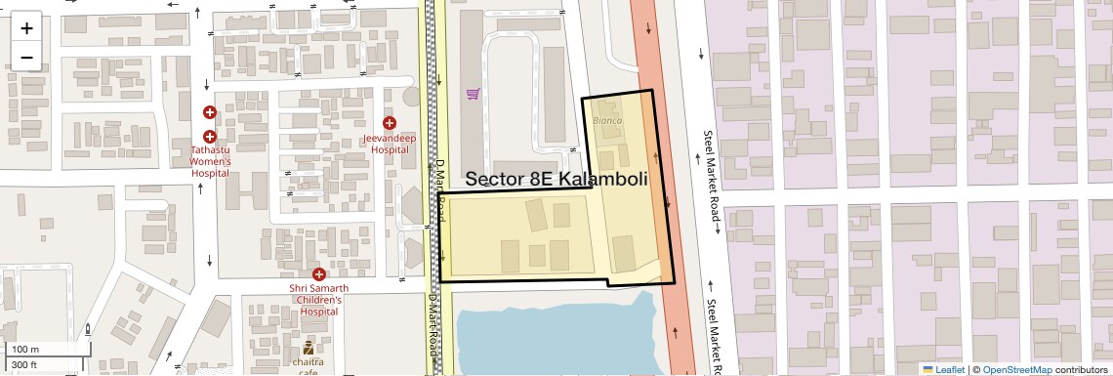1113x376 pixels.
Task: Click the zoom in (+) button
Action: click(x=26, y=27)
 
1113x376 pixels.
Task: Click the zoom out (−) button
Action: click(x=26, y=58)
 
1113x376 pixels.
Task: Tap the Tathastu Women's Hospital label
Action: click(x=210, y=161)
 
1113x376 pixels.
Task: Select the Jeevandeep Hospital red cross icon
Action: click(x=390, y=123)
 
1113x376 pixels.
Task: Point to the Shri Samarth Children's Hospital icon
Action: click(x=318, y=274)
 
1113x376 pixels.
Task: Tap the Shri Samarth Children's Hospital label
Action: click(x=318, y=300)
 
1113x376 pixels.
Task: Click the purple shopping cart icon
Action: click(x=473, y=94)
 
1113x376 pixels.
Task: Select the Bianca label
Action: click(x=607, y=119)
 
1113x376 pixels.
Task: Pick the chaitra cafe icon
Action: click(x=308, y=347)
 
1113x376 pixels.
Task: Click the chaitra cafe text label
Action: click(x=308, y=366)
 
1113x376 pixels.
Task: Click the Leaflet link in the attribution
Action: click(x=950, y=369)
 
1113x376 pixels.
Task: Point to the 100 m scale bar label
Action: click(x=25, y=350)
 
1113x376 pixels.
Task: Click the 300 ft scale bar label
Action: click(x=24, y=364)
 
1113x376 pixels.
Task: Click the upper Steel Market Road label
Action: click(x=711, y=176)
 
